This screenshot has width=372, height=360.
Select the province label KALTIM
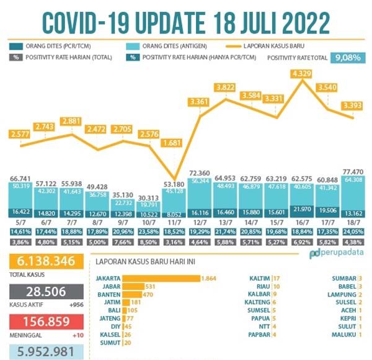[x=259, y=279]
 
